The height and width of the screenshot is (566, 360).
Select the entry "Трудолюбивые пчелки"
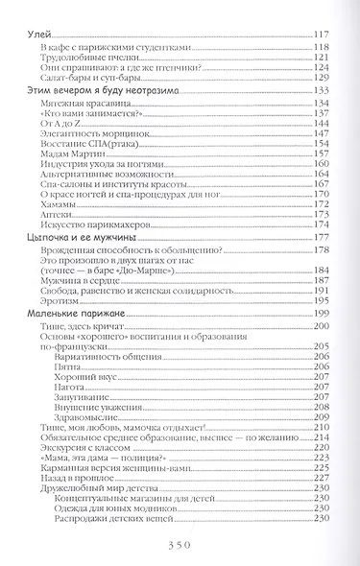tap(84, 58)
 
